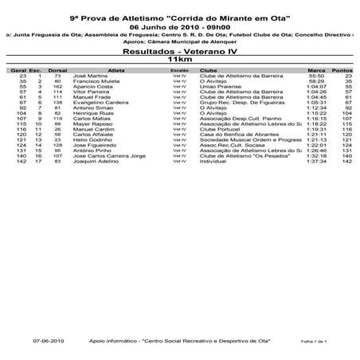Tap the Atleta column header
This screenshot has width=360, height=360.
click(x=116, y=69)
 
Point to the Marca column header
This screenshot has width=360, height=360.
click(x=316, y=69)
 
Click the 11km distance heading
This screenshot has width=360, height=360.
click(x=179, y=60)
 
